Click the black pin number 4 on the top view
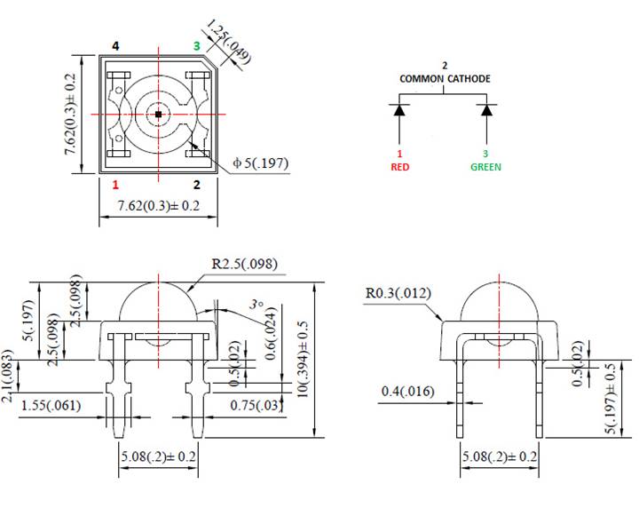click(x=115, y=45)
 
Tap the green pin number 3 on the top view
click(x=197, y=45)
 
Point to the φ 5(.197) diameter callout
click(x=260, y=163)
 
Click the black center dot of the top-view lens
click(x=158, y=115)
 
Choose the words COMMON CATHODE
click(x=445, y=79)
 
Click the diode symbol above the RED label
click(x=400, y=111)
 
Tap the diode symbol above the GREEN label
click(x=485, y=111)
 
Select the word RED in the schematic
click(x=400, y=166)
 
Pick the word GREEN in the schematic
click(x=485, y=166)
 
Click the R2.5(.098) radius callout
click(x=244, y=264)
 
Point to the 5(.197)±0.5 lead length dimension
click(x=608, y=399)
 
